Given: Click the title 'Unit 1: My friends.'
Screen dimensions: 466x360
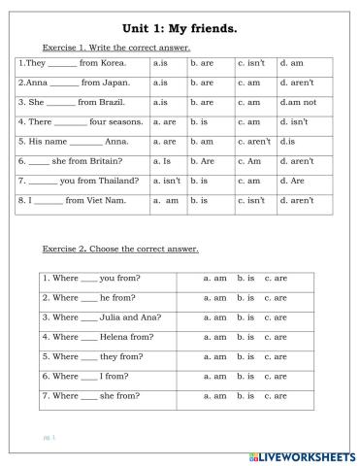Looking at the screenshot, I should coord(180,29).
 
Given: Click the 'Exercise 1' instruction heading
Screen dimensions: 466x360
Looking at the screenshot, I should coord(116,48).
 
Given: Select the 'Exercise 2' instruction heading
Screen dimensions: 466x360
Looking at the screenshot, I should coord(120,250).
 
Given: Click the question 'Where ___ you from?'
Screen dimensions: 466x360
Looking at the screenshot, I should coord(88,278).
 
